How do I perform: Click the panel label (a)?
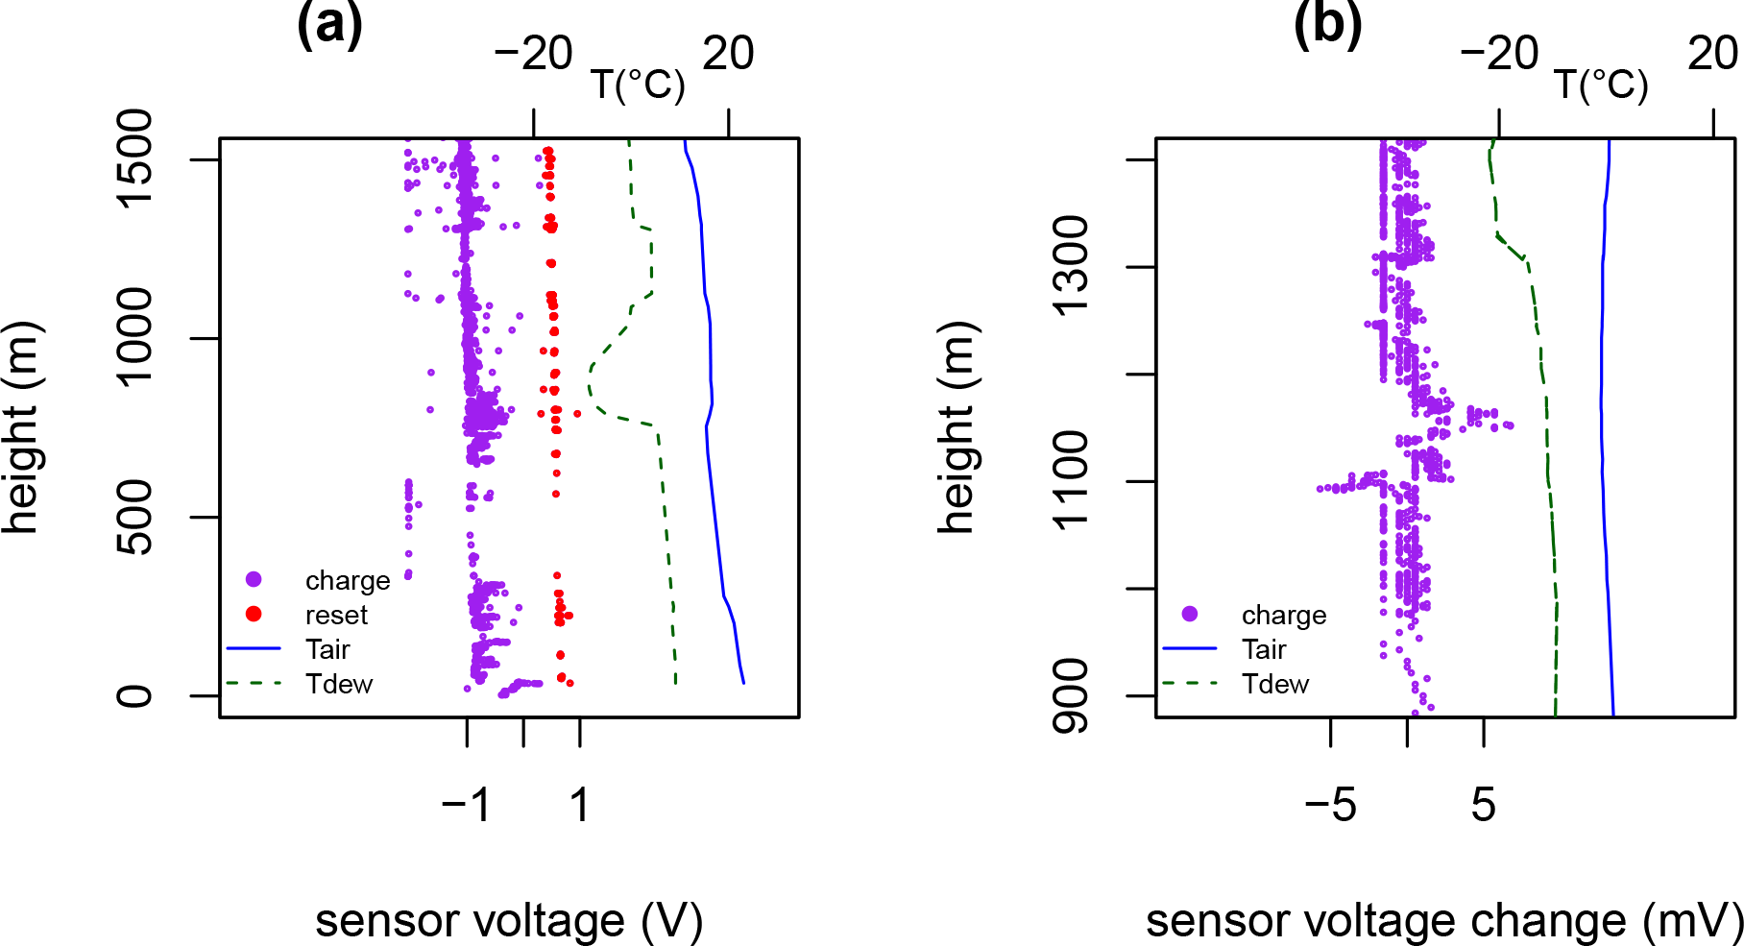pos(329,25)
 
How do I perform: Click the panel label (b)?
pos(1327,25)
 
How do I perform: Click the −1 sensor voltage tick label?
pos(467,805)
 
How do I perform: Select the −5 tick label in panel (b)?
pos(1330,805)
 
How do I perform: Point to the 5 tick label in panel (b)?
pos(1484,805)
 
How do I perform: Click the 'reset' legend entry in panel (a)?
pos(336,615)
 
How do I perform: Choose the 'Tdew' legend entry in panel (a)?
pos(339,684)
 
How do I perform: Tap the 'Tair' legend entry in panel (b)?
pos(1264,649)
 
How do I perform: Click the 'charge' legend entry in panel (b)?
pos(1284,615)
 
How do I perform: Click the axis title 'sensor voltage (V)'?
pos(509,920)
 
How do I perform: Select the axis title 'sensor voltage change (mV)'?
pos(1444,920)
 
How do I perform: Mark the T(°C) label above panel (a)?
pos(638,85)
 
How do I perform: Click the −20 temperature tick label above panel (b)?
pos(1499,53)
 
